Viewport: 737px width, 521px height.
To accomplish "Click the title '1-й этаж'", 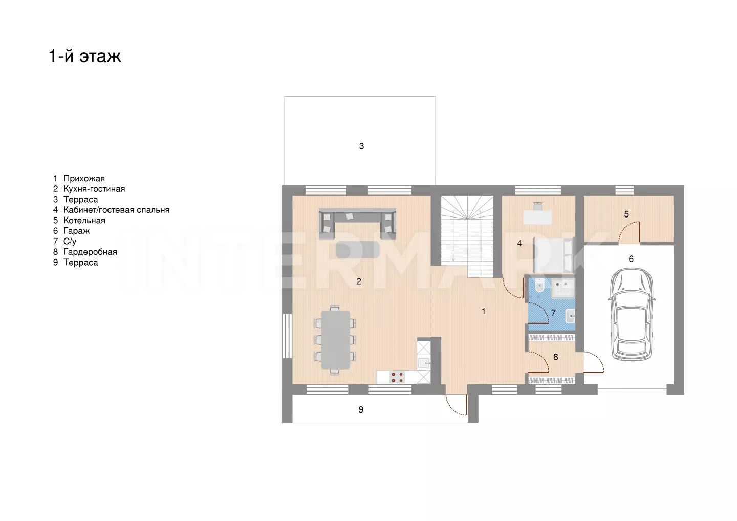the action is point(85,56).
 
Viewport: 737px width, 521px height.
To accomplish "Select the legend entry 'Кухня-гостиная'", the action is point(94,189).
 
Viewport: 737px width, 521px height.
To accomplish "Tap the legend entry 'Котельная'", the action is point(84,221).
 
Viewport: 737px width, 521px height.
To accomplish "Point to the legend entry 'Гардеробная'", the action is point(90,252).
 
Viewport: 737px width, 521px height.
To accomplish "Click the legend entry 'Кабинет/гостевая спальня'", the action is point(117,210).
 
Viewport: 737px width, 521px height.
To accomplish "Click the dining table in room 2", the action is point(335,340).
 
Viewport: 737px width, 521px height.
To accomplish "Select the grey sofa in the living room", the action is point(357,224).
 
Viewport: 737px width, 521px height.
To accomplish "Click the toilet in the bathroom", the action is point(539,286).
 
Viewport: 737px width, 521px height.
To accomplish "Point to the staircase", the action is point(467,236).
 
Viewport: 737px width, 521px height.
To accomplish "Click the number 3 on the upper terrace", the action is point(361,146).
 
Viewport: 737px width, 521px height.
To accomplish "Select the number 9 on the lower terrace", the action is point(361,409).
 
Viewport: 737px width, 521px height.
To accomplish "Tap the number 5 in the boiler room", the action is point(626,214).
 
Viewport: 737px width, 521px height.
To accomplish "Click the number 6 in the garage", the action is point(631,259).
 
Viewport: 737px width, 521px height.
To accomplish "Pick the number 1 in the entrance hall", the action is point(483,311).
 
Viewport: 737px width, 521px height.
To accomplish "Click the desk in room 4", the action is point(537,217).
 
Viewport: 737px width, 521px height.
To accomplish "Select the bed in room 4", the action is point(554,255).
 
